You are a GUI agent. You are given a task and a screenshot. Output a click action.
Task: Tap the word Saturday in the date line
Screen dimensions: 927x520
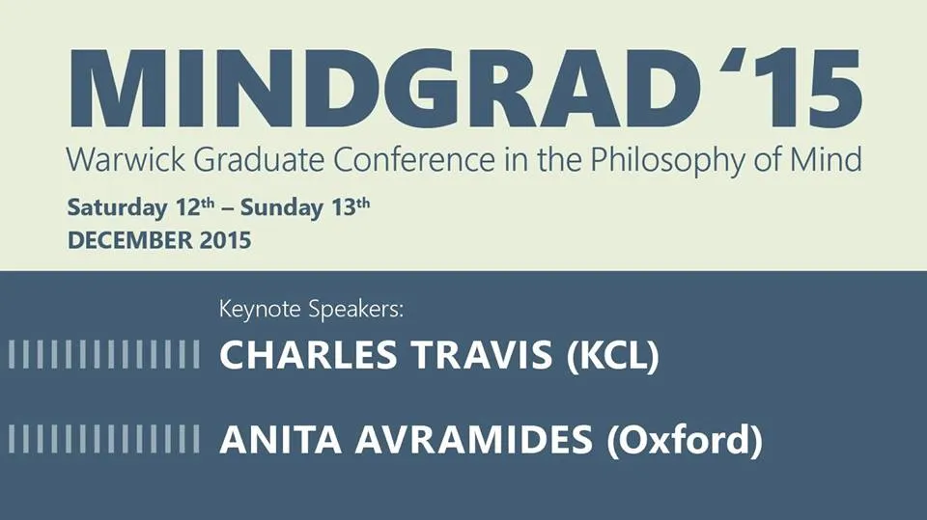click(117, 208)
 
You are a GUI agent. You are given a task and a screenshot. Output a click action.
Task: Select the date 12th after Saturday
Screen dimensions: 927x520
click(195, 206)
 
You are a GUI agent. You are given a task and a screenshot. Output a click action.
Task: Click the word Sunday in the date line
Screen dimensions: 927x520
click(282, 208)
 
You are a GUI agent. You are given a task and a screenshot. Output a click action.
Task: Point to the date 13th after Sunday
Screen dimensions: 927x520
click(351, 206)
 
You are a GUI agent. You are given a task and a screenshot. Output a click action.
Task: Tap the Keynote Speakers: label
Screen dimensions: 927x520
click(311, 310)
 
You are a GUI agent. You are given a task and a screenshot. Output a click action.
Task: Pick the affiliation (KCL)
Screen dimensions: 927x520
click(612, 356)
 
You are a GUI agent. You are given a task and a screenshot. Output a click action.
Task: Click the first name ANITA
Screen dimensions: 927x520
click(281, 440)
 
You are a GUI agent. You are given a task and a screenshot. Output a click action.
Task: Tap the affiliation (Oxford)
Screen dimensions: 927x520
click(685, 441)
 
